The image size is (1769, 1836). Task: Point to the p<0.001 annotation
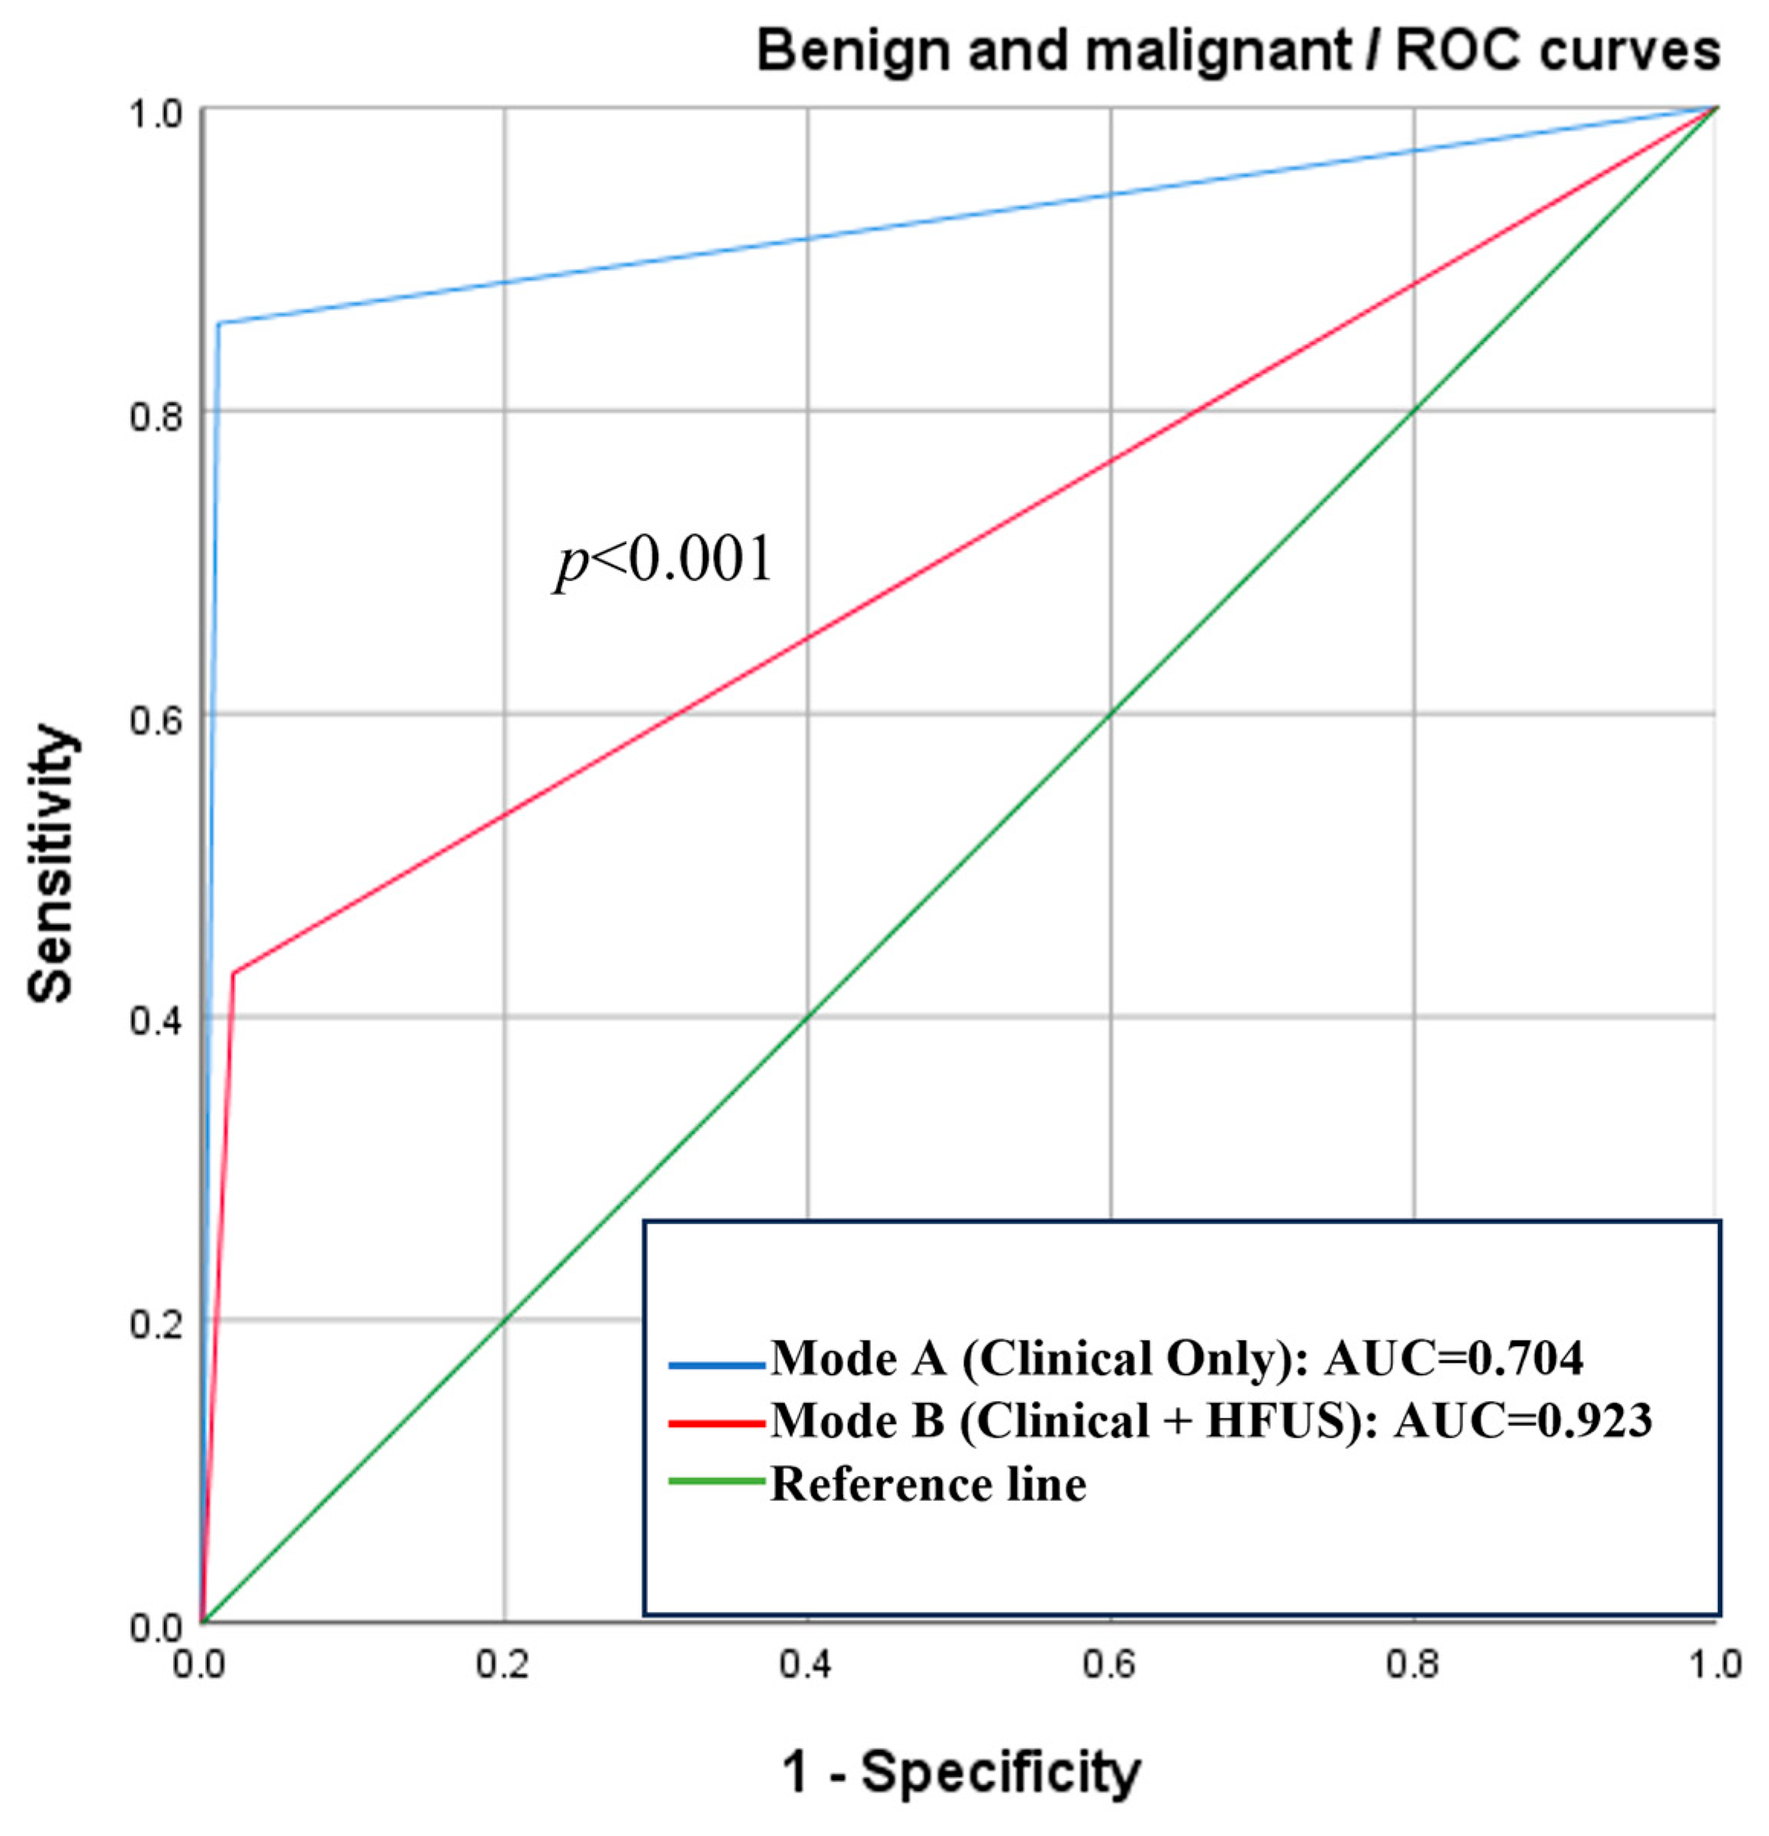[664, 562]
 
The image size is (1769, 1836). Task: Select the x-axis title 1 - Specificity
[961, 1773]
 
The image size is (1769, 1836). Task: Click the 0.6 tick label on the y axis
[156, 720]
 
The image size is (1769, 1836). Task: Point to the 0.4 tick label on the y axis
[156, 1022]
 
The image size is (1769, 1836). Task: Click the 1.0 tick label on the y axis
[156, 114]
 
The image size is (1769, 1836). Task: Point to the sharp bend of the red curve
[232, 972]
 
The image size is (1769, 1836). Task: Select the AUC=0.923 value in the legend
[1522, 1422]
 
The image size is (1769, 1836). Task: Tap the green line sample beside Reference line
[716, 1482]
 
